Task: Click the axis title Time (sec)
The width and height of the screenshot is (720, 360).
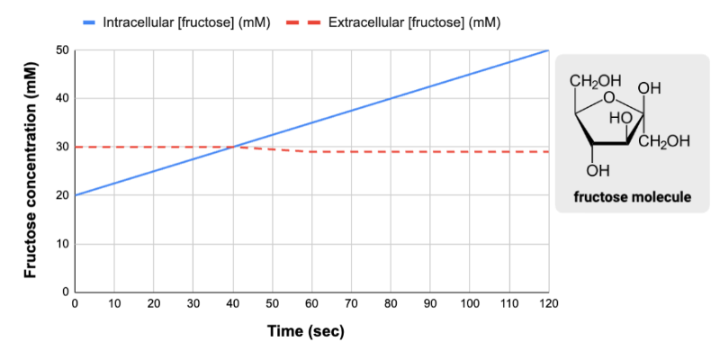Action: (x=306, y=331)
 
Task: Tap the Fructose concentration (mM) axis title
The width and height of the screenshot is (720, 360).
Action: (x=31, y=171)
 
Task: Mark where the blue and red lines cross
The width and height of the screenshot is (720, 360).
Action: (x=232, y=147)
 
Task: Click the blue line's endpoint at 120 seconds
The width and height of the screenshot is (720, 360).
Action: (x=548, y=50)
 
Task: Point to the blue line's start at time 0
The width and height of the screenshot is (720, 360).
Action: (x=75, y=195)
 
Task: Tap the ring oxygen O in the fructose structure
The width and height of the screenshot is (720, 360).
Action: (x=610, y=97)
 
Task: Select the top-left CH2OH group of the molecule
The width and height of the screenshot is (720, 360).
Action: (x=589, y=83)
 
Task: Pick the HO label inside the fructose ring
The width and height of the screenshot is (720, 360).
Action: (x=620, y=117)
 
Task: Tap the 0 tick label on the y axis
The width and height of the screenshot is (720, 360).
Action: (x=66, y=292)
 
